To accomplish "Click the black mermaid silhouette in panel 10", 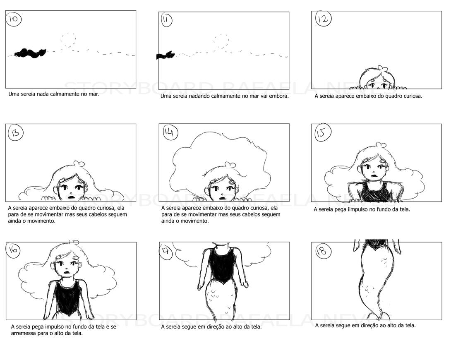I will (x=30, y=53).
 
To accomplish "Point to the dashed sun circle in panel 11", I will (x=221, y=41).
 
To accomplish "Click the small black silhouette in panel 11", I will (x=165, y=55).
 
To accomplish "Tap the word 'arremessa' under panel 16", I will (x=23, y=333).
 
